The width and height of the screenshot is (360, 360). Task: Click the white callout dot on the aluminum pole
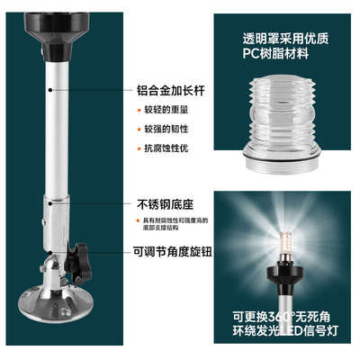tap(51, 90)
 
